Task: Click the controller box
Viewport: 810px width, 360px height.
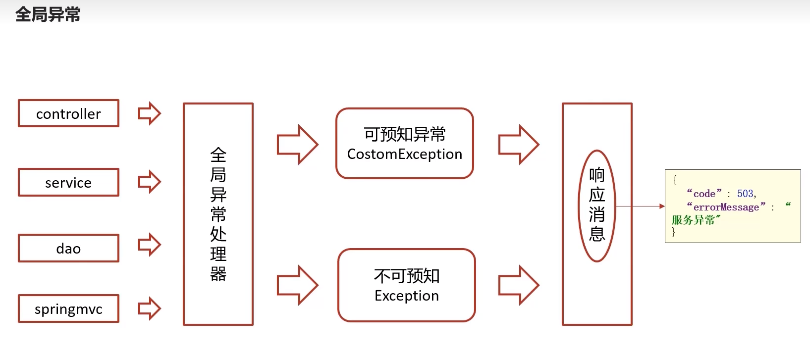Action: tap(68, 113)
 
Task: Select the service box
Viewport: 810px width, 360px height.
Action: tap(68, 182)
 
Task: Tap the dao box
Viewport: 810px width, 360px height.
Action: tap(68, 248)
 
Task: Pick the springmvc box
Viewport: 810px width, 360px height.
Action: tap(68, 309)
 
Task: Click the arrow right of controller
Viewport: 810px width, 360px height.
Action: tap(149, 113)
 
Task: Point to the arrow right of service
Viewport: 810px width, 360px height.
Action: tap(149, 182)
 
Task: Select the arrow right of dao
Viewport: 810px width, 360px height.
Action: tap(149, 245)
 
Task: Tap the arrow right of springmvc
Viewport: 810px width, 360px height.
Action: tap(149, 309)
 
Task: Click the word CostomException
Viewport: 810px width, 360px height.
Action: tap(404, 154)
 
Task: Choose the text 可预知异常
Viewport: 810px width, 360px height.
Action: tap(404, 134)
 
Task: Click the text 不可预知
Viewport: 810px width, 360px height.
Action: tap(406, 275)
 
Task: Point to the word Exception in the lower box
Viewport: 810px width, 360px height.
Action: tap(406, 296)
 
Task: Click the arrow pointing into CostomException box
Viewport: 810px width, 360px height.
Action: tap(297, 145)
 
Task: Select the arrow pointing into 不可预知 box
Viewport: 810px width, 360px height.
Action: tap(297, 285)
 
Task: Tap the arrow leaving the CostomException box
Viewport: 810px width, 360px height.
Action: tap(518, 145)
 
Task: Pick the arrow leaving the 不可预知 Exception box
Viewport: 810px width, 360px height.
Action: tap(518, 285)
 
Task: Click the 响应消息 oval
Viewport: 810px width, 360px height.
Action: tap(596, 206)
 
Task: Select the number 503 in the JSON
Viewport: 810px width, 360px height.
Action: tap(745, 194)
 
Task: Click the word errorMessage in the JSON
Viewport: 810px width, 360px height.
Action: tap(726, 207)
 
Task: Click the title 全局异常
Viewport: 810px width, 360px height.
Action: tap(48, 14)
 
